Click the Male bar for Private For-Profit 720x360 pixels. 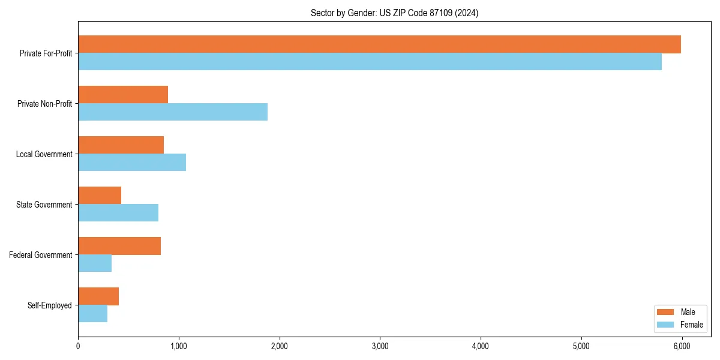pyautogui.click(x=379, y=44)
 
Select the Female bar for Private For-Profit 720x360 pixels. pyautogui.click(x=370, y=62)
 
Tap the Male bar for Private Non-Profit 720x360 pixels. pyautogui.click(x=123, y=95)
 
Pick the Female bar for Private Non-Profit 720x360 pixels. pyautogui.click(x=173, y=112)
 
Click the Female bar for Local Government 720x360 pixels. pyautogui.click(x=132, y=163)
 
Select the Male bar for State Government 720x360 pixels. pyautogui.click(x=100, y=196)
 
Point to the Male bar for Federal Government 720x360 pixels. pyautogui.click(x=119, y=246)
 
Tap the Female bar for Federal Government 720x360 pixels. pyautogui.click(x=95, y=263)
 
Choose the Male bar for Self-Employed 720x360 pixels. pyautogui.click(x=98, y=296)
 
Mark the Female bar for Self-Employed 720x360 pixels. pyautogui.click(x=93, y=314)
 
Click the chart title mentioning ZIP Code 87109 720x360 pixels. pyautogui.click(x=394, y=13)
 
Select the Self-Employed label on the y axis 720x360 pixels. pyautogui.click(x=50, y=305)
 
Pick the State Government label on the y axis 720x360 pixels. pyautogui.click(x=44, y=205)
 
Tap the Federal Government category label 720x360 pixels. pyautogui.click(x=41, y=255)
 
